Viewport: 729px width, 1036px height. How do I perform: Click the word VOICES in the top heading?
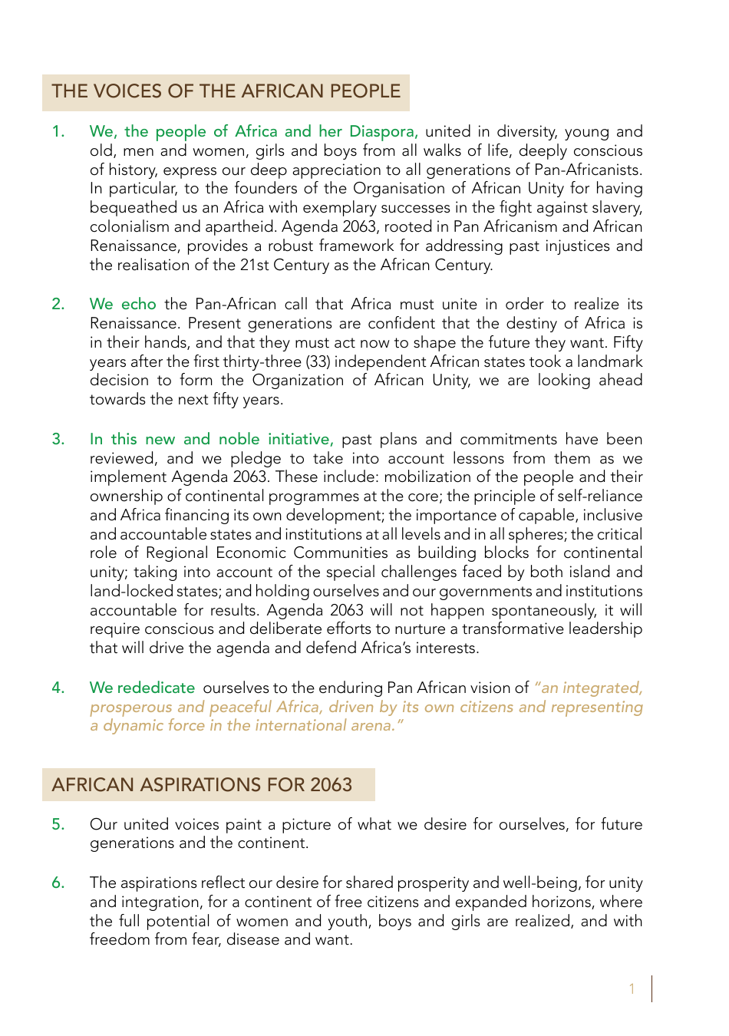[x=127, y=91]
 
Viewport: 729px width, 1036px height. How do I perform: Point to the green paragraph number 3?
[x=58, y=440]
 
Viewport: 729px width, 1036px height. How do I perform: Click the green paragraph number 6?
[x=58, y=883]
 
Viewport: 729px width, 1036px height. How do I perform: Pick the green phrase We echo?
[x=123, y=305]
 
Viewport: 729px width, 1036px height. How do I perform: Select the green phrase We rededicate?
[x=142, y=688]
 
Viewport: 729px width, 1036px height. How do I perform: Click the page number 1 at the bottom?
[x=632, y=989]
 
